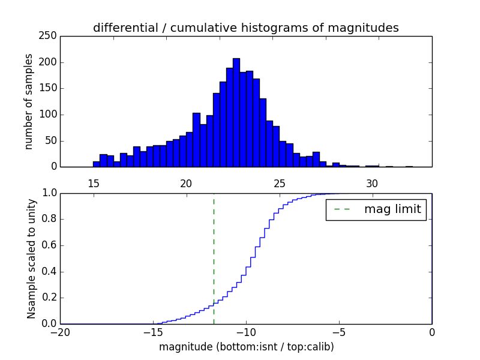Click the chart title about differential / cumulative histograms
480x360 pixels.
[x=245, y=28]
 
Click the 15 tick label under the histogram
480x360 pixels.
[x=93, y=184]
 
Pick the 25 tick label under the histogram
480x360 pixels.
[x=279, y=184]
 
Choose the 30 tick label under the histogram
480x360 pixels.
[x=372, y=184]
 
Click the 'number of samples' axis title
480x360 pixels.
[x=29, y=101]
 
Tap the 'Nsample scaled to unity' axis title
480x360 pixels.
[x=31, y=258]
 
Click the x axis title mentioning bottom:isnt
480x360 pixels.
[x=246, y=347]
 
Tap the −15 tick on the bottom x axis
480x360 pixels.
[x=152, y=332]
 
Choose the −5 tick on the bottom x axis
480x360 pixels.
[x=338, y=332]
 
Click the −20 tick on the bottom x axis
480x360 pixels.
[x=59, y=332]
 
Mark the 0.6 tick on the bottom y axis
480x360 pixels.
[x=49, y=245]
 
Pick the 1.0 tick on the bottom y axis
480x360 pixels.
[x=49, y=193]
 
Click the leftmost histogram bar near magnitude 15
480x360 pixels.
[x=96, y=164]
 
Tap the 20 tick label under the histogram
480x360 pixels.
[x=186, y=184]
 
